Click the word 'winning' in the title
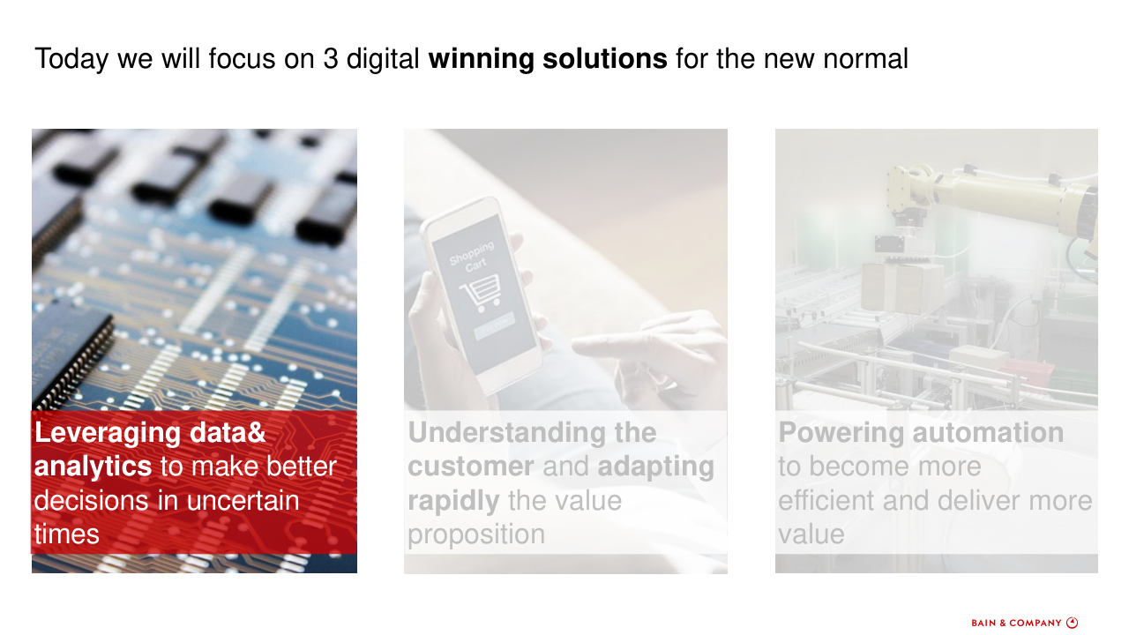pos(481,59)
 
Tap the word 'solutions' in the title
pos(605,58)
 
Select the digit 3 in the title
pos(331,58)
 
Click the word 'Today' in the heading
pos(71,59)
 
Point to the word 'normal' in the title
pos(866,58)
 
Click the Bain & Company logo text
pos(1017,623)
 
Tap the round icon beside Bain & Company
pos(1072,623)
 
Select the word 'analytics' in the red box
pos(93,467)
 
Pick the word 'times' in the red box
pos(66,534)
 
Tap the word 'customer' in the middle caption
pos(471,467)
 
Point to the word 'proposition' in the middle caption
pos(476,535)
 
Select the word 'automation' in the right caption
pos(989,433)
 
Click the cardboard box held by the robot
pos(902,288)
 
